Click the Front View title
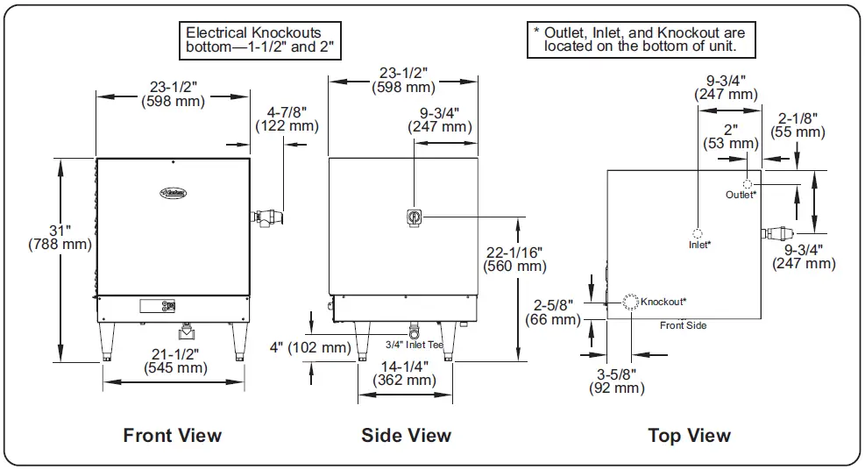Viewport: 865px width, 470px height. [x=173, y=435]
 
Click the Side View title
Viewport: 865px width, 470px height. [x=406, y=435]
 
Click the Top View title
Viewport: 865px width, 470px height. [x=689, y=435]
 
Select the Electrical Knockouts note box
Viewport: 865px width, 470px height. [x=259, y=40]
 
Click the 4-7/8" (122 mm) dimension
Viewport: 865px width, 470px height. [x=282, y=118]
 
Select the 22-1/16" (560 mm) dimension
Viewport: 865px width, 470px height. [x=514, y=259]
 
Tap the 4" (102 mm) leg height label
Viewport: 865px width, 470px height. [x=309, y=347]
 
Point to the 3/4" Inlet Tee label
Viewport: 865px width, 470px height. [x=415, y=344]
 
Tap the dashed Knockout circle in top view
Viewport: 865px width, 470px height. [x=630, y=301]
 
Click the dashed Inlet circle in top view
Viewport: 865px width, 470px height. [x=697, y=233]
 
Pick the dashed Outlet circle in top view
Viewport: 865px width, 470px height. [x=748, y=184]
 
